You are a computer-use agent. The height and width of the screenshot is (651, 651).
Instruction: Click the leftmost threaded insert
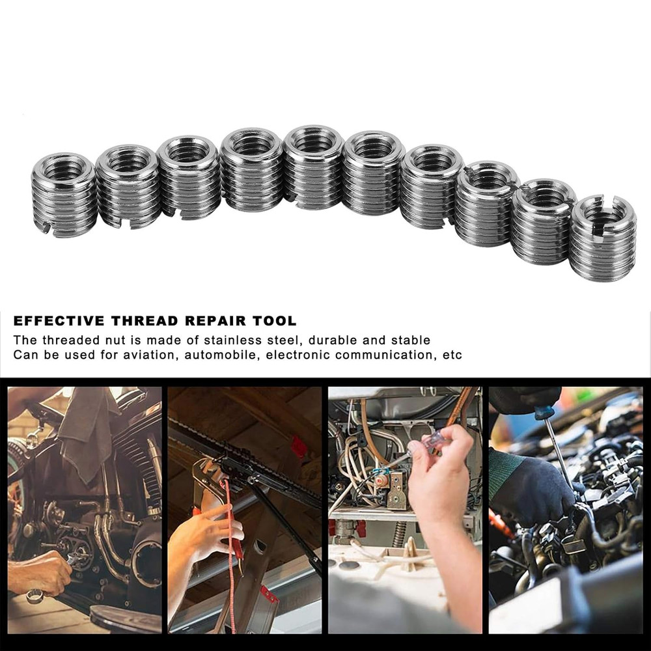point(64,194)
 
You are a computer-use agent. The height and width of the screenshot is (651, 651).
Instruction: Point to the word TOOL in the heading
point(278,321)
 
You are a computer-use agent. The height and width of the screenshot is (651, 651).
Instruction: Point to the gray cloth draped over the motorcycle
point(88,430)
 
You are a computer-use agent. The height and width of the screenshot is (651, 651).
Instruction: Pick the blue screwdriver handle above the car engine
point(544,411)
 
